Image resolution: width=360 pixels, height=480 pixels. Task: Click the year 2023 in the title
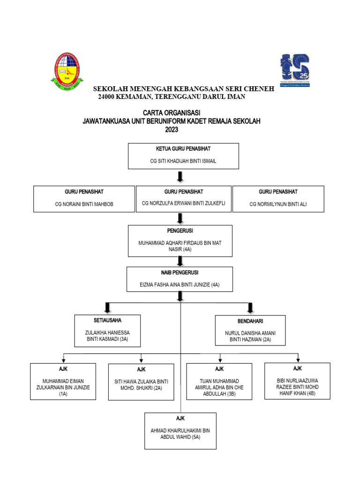point(172,129)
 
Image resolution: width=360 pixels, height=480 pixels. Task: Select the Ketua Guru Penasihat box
point(183,156)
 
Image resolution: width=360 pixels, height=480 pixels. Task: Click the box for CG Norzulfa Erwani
point(183,199)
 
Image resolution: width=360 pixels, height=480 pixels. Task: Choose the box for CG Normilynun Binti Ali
point(278,199)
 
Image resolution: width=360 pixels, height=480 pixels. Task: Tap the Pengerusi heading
point(180,231)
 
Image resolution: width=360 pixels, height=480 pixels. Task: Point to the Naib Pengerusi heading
point(180,272)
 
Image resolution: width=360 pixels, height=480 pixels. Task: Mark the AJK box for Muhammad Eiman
point(63,381)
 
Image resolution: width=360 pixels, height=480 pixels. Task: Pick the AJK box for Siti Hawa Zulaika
point(142,382)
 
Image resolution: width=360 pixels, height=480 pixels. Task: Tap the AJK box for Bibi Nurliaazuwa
point(297,381)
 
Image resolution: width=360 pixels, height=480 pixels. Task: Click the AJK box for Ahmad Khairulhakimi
point(180,431)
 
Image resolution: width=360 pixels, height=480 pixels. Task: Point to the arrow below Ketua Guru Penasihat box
point(180,177)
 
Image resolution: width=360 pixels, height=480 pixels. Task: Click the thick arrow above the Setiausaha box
point(108,307)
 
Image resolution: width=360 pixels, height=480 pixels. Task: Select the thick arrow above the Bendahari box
point(250,307)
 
